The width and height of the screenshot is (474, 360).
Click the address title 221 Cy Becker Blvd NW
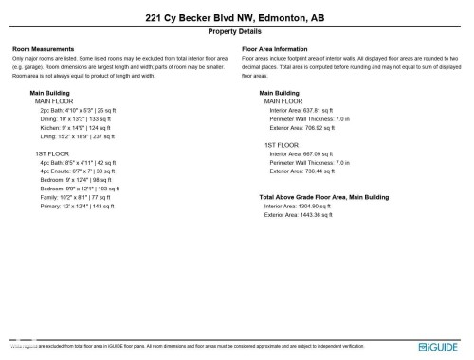coord(236,17)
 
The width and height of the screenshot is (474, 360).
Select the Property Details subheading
coord(236,31)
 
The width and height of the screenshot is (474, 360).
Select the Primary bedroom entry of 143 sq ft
coord(83,206)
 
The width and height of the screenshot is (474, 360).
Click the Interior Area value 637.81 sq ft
coord(301,110)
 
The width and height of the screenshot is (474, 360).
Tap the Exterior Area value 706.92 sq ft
coord(302,128)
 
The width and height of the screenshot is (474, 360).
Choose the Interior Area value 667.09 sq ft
coord(301,153)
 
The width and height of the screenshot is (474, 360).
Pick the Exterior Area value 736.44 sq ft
coord(302,171)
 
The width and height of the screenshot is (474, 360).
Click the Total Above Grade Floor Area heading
coord(324,197)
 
